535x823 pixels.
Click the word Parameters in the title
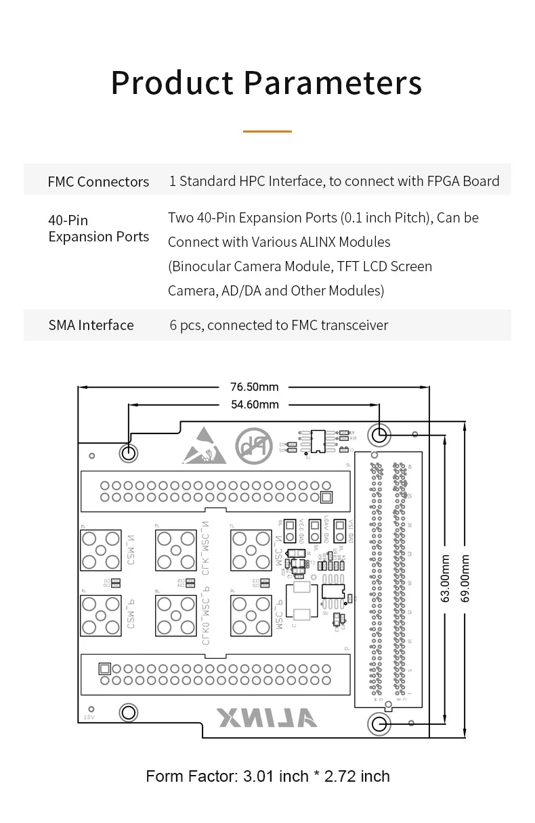tap(333, 83)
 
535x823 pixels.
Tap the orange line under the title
tap(267, 131)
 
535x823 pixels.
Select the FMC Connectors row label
tap(98, 181)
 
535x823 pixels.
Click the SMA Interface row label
tap(91, 325)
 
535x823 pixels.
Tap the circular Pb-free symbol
tap(249, 444)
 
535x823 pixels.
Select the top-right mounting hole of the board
tap(379, 434)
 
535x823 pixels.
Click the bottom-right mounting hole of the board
tap(379, 725)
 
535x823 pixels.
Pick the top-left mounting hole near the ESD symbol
tap(128, 452)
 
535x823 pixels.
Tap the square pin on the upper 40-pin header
tap(326, 498)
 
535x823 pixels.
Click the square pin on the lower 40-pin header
tap(104, 668)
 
